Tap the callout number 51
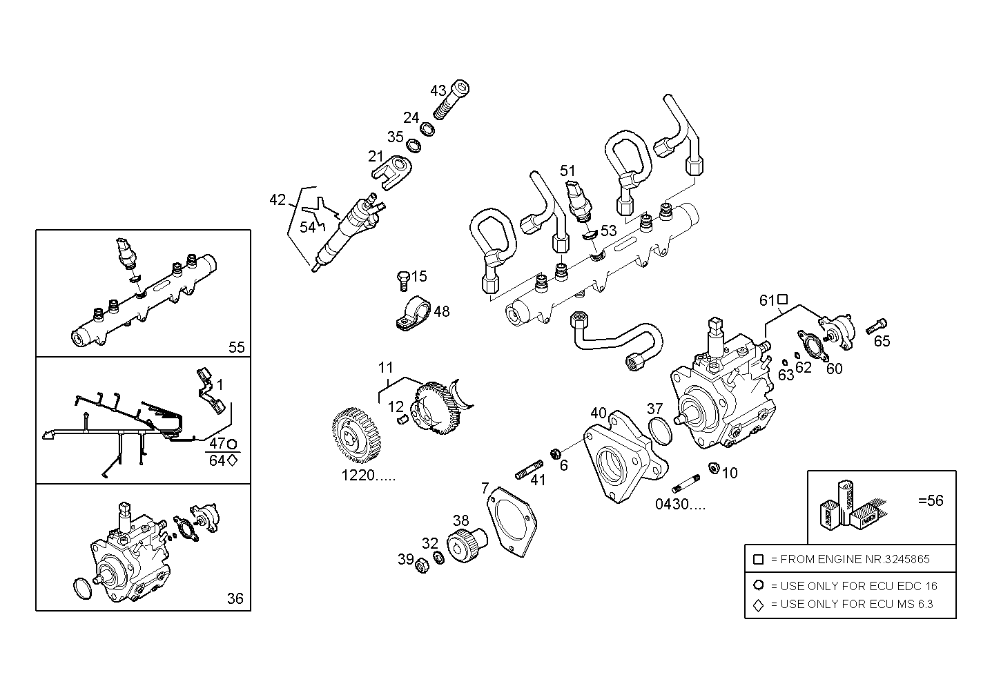click(567, 170)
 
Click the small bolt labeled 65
click(879, 324)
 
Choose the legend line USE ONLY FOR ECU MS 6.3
click(851, 604)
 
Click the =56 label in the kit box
click(930, 501)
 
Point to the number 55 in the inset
click(236, 347)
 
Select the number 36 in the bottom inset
click(235, 598)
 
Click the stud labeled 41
click(529, 473)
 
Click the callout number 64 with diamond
click(217, 460)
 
